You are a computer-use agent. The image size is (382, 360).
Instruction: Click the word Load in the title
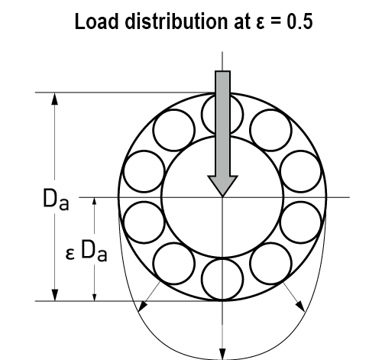tap(97, 21)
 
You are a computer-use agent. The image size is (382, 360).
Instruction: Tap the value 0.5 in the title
tap(299, 21)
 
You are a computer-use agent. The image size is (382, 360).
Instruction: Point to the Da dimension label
tap(56, 199)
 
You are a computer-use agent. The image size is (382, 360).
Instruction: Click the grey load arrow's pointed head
tap(222, 186)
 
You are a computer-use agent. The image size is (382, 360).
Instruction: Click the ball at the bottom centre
tap(222, 279)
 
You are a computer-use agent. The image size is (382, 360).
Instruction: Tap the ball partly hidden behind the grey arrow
tap(222, 114)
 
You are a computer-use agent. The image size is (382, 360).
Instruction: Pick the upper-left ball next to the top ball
tap(174, 130)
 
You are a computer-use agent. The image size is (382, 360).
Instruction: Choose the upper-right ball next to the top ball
tap(270, 130)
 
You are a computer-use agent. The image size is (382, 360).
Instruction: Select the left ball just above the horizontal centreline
tap(144, 171)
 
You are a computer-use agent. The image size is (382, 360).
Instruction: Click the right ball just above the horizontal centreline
tap(301, 171)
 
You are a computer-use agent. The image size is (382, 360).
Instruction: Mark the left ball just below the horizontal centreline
tap(144, 222)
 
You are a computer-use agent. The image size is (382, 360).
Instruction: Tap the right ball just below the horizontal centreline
tap(301, 222)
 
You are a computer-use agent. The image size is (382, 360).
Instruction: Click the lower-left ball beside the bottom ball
tap(174, 264)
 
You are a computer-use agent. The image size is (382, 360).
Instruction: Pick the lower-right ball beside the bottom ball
tap(270, 264)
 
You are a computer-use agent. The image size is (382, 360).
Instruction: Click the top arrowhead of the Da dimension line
tap(54, 99)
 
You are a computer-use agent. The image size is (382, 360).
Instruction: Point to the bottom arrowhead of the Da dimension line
tap(54, 295)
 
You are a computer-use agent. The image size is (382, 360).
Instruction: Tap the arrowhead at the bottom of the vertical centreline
tap(222, 354)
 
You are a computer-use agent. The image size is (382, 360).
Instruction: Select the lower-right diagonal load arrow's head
tap(300, 306)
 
